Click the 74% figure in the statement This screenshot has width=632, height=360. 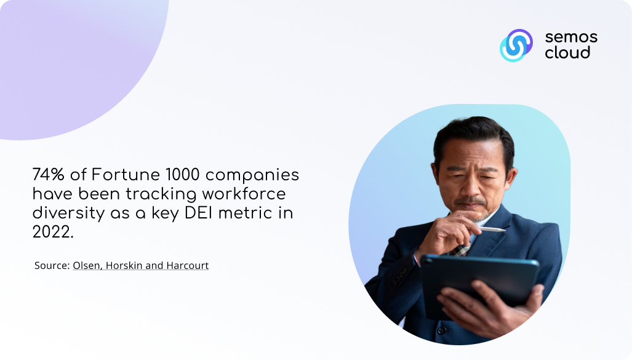pyautogui.click(x=49, y=175)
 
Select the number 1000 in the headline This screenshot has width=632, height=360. pyautogui.click(x=183, y=175)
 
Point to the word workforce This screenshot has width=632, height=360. pyautogui.click(x=244, y=194)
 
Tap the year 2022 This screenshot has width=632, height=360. pyautogui.click(x=53, y=232)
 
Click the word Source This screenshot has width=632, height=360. pyautogui.click(x=52, y=265)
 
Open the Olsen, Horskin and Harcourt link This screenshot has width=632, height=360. pyautogui.click(x=141, y=266)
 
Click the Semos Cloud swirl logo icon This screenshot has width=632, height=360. pyautogui.click(x=516, y=45)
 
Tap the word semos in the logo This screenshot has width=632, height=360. pyautogui.click(x=571, y=38)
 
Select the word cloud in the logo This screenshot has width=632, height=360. pyautogui.click(x=567, y=52)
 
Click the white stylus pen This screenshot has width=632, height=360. pyautogui.click(x=492, y=230)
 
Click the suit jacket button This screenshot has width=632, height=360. pyautogui.click(x=442, y=330)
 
